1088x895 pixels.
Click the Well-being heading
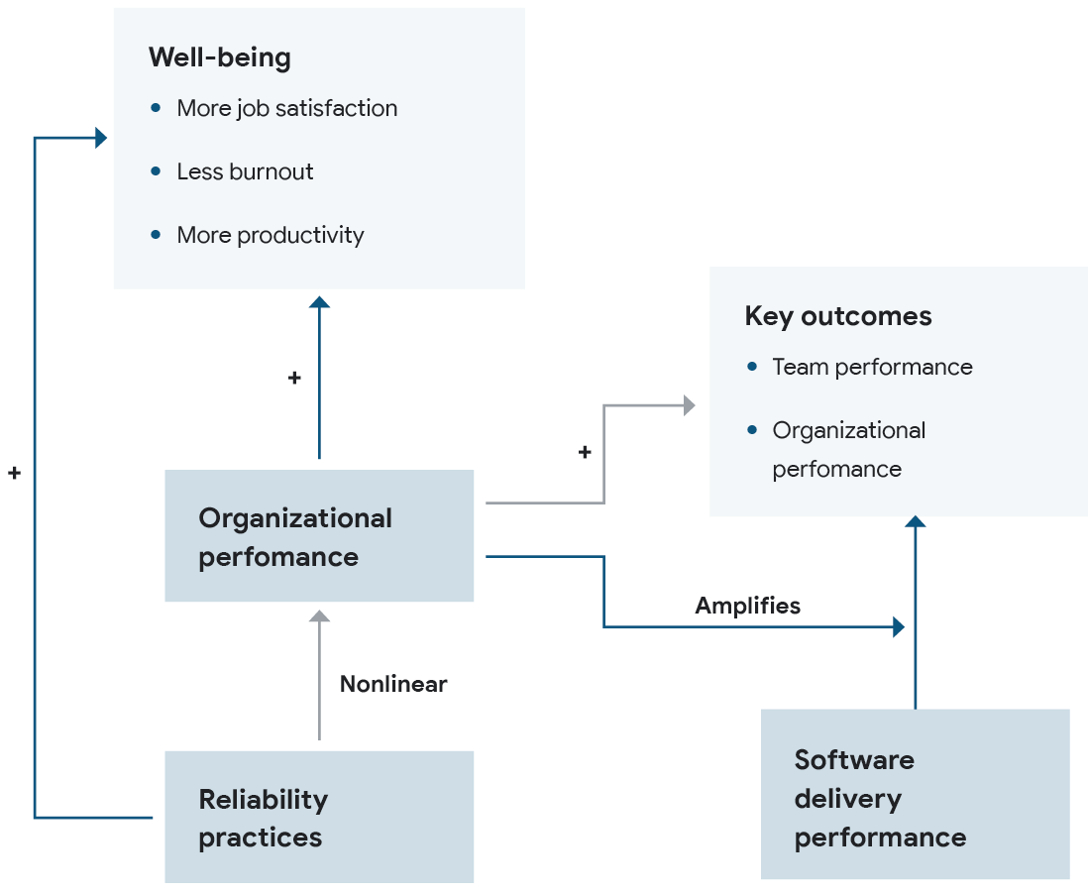point(219,57)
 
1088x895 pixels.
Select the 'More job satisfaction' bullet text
point(286,108)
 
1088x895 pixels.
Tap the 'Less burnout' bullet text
point(245,171)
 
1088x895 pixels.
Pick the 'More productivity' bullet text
point(270,235)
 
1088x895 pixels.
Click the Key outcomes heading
point(837,316)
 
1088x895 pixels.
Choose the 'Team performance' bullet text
point(872,367)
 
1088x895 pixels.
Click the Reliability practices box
point(318,817)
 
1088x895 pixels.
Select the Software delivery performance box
point(915,794)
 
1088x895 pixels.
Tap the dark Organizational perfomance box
point(318,536)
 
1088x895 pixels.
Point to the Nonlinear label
point(393,684)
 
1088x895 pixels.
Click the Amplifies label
point(747,606)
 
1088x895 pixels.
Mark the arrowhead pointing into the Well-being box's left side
point(101,138)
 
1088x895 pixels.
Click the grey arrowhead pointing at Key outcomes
point(688,404)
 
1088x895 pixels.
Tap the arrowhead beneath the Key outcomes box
point(916,521)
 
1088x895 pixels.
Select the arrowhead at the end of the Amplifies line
point(899,626)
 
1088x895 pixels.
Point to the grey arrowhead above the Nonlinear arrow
point(319,615)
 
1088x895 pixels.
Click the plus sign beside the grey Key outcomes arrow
point(585,452)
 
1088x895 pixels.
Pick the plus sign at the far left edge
point(14,474)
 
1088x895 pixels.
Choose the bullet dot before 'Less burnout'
point(156,171)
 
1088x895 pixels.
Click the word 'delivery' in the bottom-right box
point(847,798)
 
